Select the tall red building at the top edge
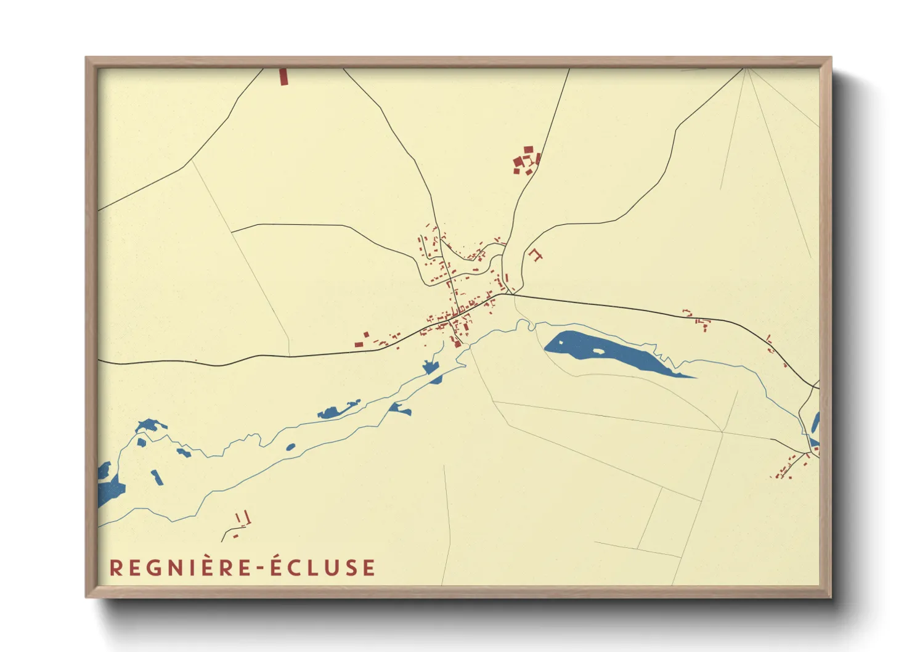[283, 76]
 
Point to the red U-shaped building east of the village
[535, 254]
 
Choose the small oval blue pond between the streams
[290, 447]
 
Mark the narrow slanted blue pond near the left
[158, 477]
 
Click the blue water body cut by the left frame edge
[108, 487]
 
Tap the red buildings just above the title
[242, 521]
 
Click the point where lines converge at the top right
[746, 69]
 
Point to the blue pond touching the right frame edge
[815, 425]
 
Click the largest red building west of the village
[359, 344]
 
